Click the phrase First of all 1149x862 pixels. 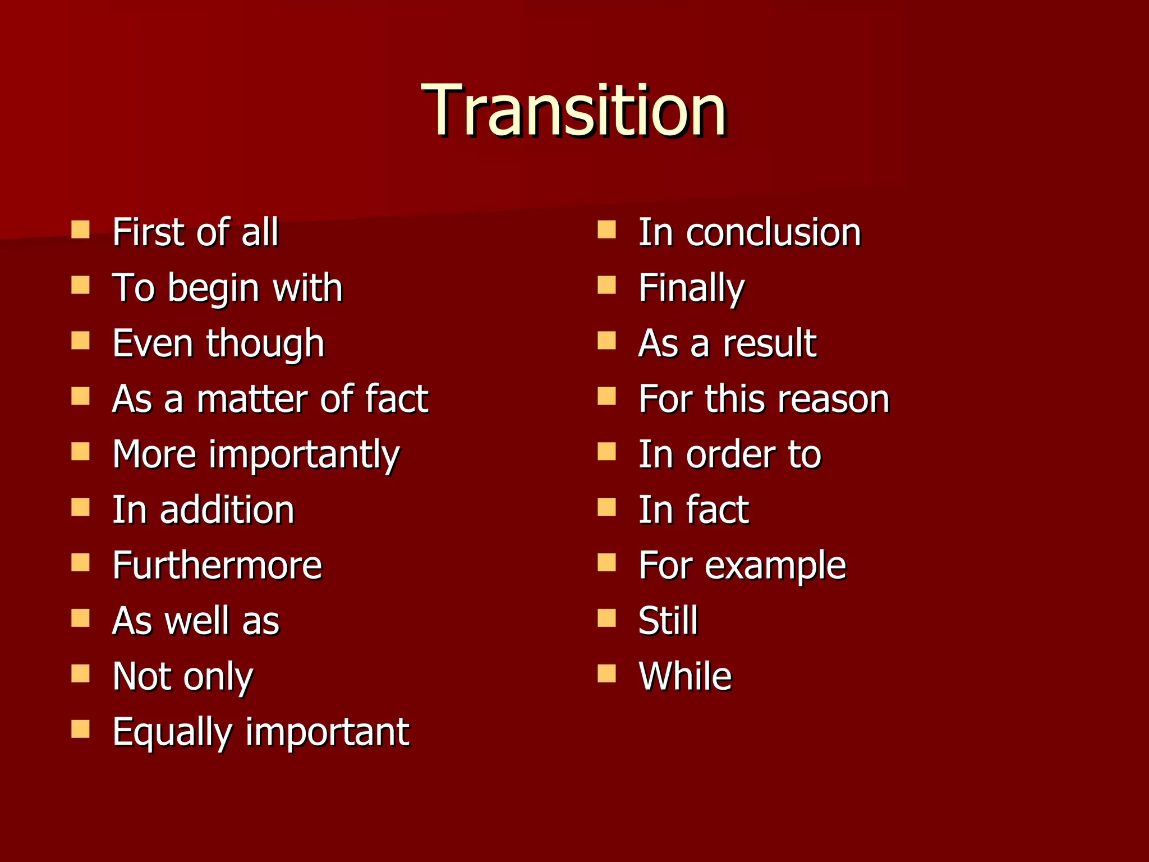tap(195, 232)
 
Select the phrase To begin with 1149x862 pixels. tap(227, 288)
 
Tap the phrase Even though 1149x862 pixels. tap(218, 343)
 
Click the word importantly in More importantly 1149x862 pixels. tap(304, 455)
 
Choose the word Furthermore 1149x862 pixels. tap(217, 565)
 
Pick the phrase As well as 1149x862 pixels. tap(196, 621)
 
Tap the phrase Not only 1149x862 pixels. tap(183, 676)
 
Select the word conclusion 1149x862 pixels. tap(773, 232)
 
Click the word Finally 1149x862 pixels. tap(691, 288)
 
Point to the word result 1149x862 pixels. tap(769, 343)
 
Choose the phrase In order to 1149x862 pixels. tap(729, 455)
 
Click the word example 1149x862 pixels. tap(775, 565)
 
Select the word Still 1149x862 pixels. tap(668, 621)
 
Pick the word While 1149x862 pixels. tap(685, 676)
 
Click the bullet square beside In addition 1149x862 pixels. tap(81, 507)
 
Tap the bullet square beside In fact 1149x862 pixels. tap(606, 507)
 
